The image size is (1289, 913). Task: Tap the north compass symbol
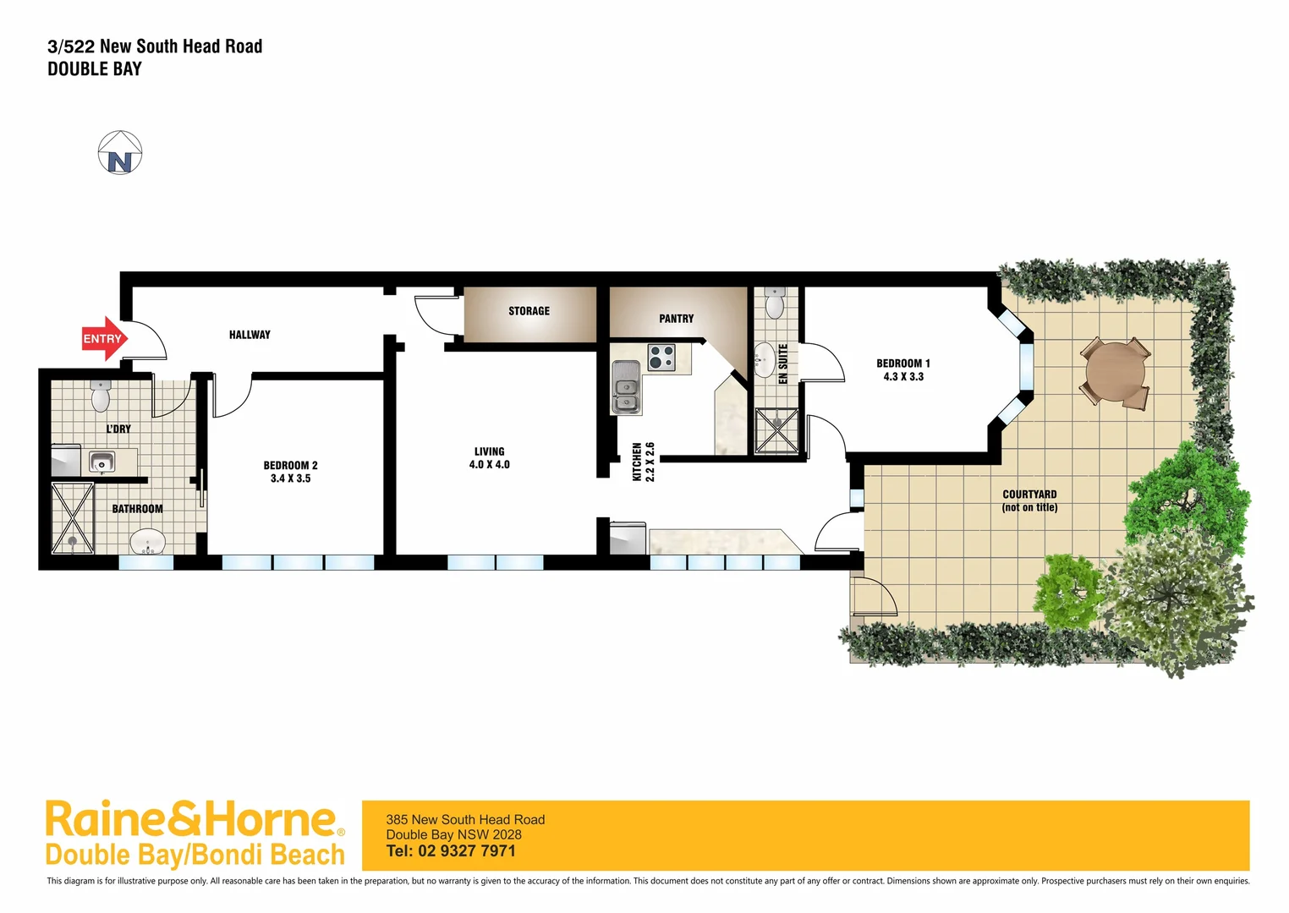pos(120,154)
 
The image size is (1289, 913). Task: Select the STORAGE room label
pos(529,311)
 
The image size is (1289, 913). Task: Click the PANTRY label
pos(676,319)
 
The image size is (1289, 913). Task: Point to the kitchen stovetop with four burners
pos(661,358)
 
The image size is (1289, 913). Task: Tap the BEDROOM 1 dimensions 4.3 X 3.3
pos(903,377)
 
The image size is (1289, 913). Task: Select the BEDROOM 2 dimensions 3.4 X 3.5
pos(290,478)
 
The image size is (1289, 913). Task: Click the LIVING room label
pos(489,451)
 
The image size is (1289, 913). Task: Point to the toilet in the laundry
pos(101,396)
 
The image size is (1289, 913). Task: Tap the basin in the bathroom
pos(148,541)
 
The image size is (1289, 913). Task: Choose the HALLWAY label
pos(250,335)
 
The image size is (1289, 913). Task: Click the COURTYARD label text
pos(1029,495)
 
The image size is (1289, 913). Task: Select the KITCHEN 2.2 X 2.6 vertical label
pos(644,462)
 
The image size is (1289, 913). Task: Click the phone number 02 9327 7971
pos(467,851)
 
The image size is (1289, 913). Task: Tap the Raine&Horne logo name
pos(192,819)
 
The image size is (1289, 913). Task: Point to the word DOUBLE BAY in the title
pos(95,69)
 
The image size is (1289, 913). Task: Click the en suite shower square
pos(776,431)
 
